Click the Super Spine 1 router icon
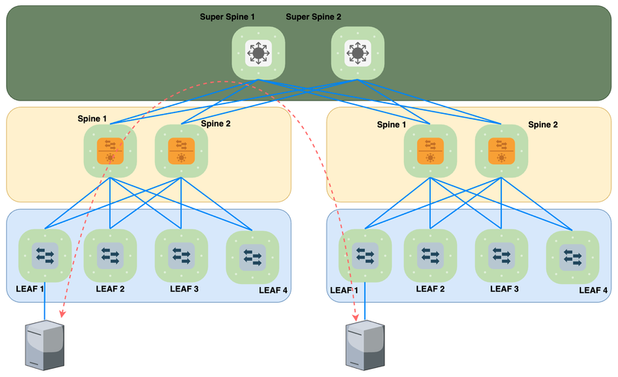[x=258, y=52]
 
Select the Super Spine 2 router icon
[x=357, y=52]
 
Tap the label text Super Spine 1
[x=228, y=16]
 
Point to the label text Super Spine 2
[x=315, y=16]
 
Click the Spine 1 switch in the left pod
[x=110, y=151]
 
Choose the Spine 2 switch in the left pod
[x=181, y=151]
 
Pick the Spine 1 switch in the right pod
[x=430, y=151]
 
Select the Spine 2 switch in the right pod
[x=501, y=151]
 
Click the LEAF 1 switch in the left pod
[x=44, y=256]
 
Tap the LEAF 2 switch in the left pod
[x=110, y=256]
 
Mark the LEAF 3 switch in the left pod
[x=181, y=256]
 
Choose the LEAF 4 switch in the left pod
[x=252, y=258]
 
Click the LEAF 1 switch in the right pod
[x=366, y=256]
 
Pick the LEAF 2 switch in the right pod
[x=430, y=256]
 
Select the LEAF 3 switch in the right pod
[x=501, y=256]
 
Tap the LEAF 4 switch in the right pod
[x=573, y=258]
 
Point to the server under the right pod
[x=366, y=345]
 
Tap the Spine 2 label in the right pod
[x=543, y=125]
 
